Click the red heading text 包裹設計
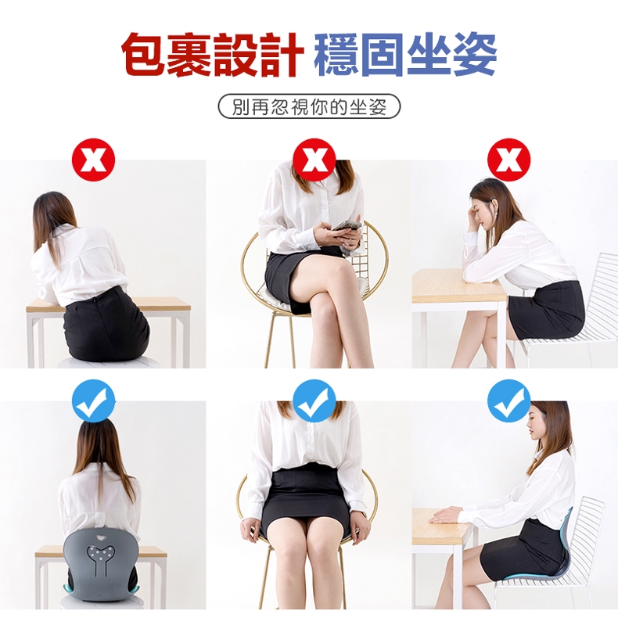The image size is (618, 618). tap(213, 54)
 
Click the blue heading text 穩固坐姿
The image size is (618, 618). tap(405, 54)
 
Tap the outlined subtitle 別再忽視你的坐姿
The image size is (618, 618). tap(310, 106)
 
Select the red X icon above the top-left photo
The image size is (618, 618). tap(93, 160)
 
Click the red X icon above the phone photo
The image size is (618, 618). tap(314, 160)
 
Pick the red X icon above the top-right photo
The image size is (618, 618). tap(508, 160)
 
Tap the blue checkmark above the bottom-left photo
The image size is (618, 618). tap(93, 401)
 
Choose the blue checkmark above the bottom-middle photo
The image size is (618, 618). tap(314, 401)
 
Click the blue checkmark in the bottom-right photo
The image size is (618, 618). tap(508, 401)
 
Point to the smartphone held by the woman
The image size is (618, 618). tap(347, 226)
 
